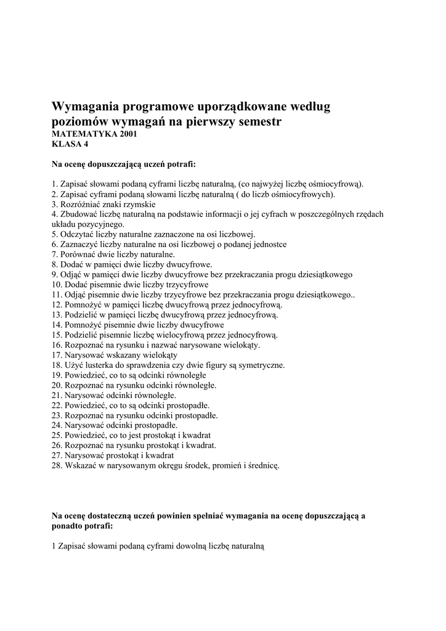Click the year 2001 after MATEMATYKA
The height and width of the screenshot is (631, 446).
click(125, 134)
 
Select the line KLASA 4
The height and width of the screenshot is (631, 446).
click(70, 144)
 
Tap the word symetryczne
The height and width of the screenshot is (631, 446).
click(262, 365)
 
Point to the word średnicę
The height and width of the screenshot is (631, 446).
click(263, 466)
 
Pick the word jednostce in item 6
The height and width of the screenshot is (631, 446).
click(269, 244)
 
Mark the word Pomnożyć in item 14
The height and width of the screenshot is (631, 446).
click(80, 325)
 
